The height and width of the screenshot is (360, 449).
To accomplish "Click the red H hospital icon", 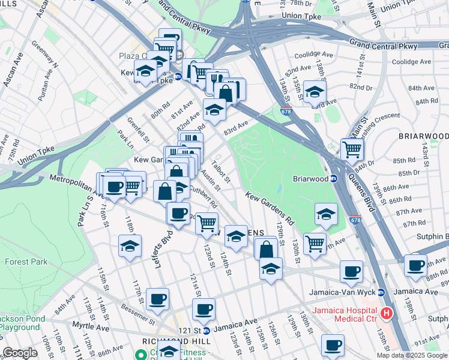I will tap(387, 313).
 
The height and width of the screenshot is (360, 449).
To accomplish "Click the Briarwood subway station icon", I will tap(334, 178).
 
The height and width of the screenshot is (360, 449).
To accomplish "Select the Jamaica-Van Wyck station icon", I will tap(381, 293).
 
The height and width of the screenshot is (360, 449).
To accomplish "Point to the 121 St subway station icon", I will tap(206, 331).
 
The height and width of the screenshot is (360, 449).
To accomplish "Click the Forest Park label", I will tap(22, 262).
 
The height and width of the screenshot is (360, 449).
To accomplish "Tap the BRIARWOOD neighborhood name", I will tap(423, 137).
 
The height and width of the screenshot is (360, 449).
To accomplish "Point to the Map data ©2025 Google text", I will tap(412, 355).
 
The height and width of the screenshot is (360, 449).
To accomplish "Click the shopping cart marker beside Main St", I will tap(352, 149).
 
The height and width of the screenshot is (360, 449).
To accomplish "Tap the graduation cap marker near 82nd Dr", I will tap(314, 92).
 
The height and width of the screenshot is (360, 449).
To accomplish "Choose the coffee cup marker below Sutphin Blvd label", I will tap(415, 265).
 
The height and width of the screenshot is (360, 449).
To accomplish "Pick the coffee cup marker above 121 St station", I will tap(203, 310).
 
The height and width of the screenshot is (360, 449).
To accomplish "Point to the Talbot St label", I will tap(220, 170).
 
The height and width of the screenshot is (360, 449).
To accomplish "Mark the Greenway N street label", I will tap(45, 55).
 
